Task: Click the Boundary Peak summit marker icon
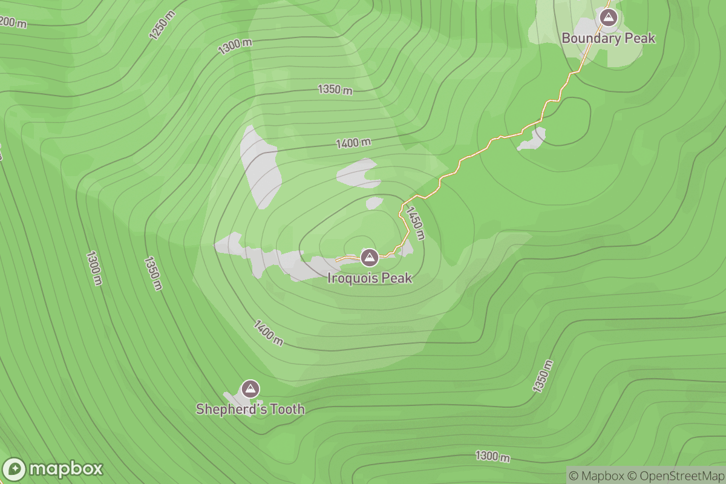click(608, 17)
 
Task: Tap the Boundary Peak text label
click(608, 38)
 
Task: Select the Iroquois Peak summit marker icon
click(369, 258)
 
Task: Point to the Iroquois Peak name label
click(370, 278)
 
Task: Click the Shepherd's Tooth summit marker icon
click(250, 388)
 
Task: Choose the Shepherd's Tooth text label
click(250, 410)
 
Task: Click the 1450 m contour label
click(416, 223)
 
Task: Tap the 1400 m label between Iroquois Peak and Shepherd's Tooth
click(268, 333)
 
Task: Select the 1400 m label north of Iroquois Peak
click(353, 143)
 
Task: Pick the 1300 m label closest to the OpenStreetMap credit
click(492, 456)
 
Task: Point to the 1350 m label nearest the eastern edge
click(543, 376)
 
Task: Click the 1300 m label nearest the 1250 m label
click(235, 46)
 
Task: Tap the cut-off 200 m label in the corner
click(13, 22)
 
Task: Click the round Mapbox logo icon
click(15, 469)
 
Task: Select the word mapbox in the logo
click(66, 469)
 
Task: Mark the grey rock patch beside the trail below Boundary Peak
click(532, 140)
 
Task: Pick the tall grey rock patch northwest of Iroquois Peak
click(261, 167)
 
